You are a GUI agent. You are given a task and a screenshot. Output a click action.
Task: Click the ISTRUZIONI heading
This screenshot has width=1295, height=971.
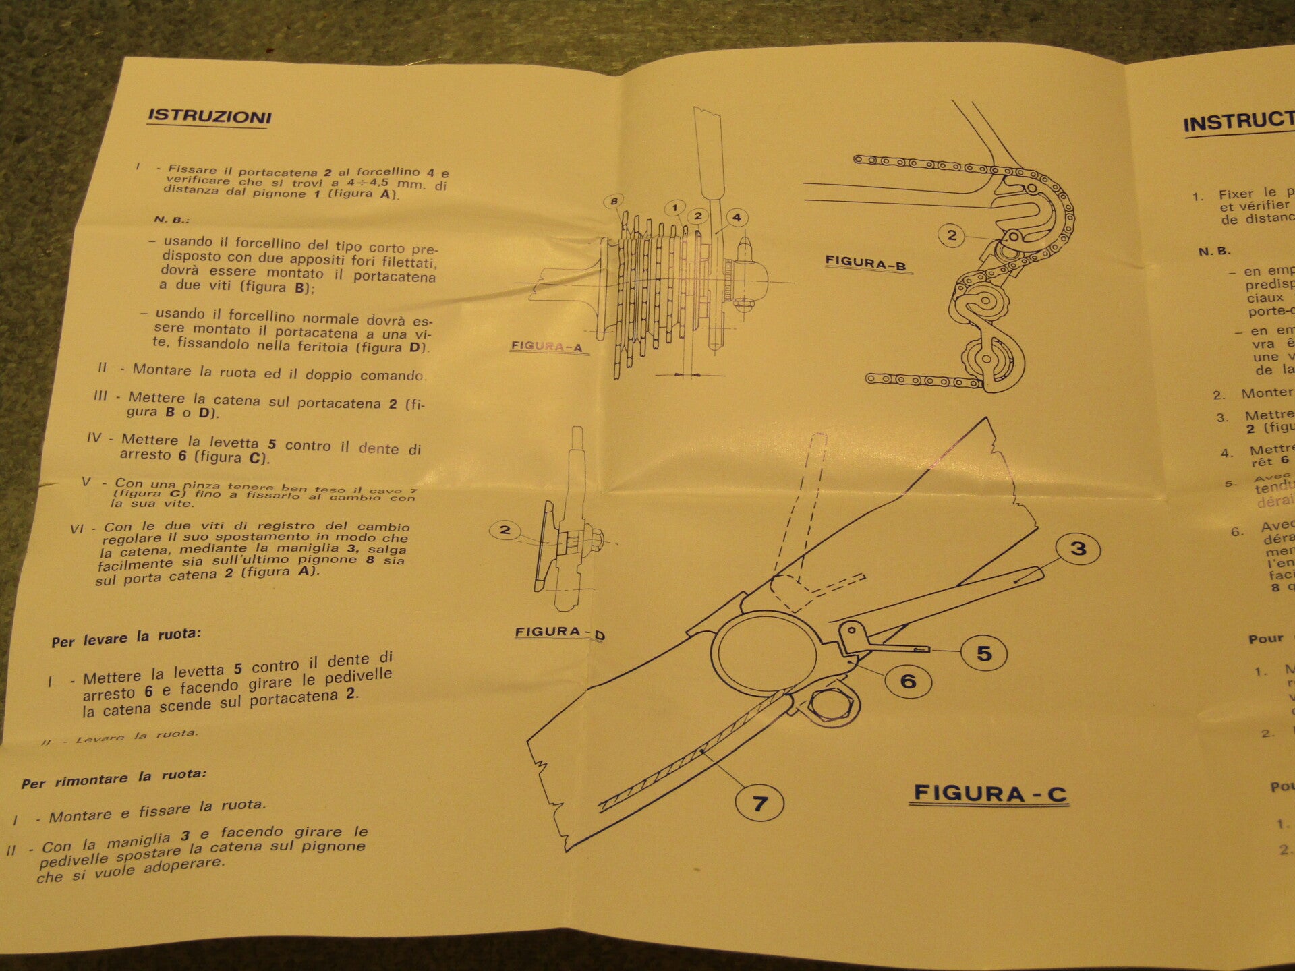click(x=210, y=117)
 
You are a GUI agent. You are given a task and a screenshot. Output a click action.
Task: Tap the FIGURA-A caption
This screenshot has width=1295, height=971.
click(x=546, y=347)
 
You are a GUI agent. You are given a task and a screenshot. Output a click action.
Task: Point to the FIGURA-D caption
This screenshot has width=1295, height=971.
click(x=559, y=632)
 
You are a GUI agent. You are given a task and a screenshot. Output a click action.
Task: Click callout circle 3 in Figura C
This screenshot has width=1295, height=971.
click(x=1078, y=548)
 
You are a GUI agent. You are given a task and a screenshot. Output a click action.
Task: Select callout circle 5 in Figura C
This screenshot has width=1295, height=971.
click(x=984, y=653)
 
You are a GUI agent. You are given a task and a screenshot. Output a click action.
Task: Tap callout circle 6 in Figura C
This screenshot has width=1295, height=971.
click(x=908, y=681)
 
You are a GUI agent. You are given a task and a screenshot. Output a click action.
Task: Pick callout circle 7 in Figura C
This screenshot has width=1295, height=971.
click(x=759, y=803)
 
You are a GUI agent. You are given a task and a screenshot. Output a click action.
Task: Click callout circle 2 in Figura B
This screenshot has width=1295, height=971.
click(x=952, y=235)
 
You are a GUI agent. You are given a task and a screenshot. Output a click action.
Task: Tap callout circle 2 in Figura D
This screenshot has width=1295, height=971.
click(x=505, y=530)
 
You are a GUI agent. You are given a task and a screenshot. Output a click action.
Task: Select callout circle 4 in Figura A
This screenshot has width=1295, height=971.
click(x=737, y=217)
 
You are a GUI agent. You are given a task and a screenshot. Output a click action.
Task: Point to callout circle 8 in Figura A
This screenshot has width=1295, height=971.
click(x=614, y=201)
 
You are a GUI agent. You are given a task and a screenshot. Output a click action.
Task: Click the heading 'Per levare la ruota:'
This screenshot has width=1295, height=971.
click(x=126, y=638)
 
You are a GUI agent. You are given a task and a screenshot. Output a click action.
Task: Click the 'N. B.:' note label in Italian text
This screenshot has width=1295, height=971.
click(x=172, y=220)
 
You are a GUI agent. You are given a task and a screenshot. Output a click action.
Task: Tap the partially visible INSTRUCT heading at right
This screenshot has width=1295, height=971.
click(x=1238, y=122)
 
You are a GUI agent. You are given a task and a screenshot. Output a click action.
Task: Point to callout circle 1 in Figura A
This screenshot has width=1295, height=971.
click(x=674, y=208)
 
